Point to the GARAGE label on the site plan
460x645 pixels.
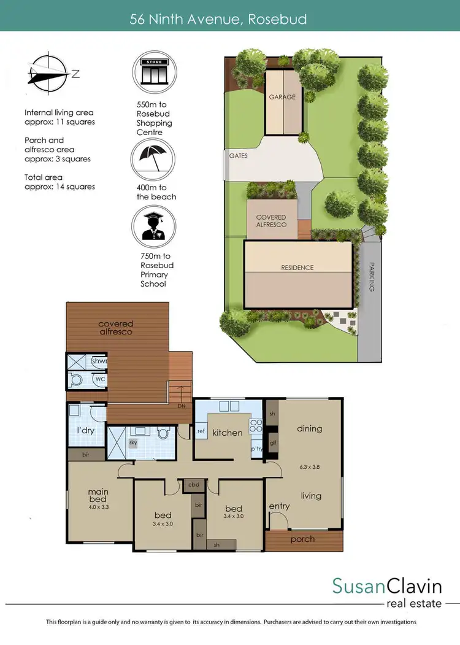282,97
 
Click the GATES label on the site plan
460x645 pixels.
238,156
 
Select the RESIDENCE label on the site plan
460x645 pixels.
297,268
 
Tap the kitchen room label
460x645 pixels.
228,433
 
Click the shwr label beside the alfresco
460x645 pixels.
99,362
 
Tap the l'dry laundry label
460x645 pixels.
85,431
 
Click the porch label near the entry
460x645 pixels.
302,539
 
